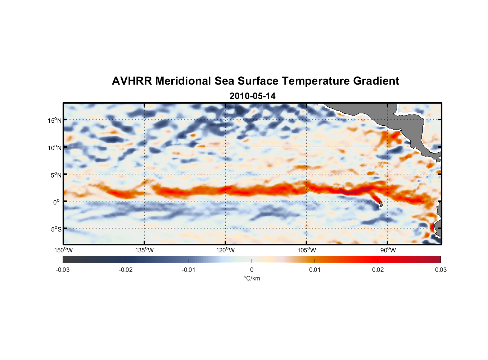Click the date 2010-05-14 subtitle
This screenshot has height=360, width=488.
click(252, 96)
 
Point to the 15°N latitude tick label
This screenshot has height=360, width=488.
click(54, 120)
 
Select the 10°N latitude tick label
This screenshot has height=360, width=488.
click(54, 148)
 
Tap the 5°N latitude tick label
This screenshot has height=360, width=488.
click(56, 175)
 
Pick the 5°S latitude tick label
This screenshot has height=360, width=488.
click(56, 229)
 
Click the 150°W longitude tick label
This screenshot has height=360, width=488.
click(63, 250)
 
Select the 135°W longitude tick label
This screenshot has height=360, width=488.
click(145, 250)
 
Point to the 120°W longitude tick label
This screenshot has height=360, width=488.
click(226, 250)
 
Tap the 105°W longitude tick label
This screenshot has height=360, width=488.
click(307, 250)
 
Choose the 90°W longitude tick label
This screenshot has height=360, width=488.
click(388, 250)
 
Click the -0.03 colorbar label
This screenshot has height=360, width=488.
click(63, 270)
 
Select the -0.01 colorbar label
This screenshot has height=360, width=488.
click(189, 270)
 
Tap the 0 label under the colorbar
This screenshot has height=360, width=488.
click(252, 270)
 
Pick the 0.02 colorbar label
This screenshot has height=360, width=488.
click(378, 270)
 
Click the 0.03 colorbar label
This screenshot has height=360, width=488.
click(440, 270)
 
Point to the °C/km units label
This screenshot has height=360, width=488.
click(252, 279)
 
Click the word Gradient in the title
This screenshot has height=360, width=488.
click(376, 81)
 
